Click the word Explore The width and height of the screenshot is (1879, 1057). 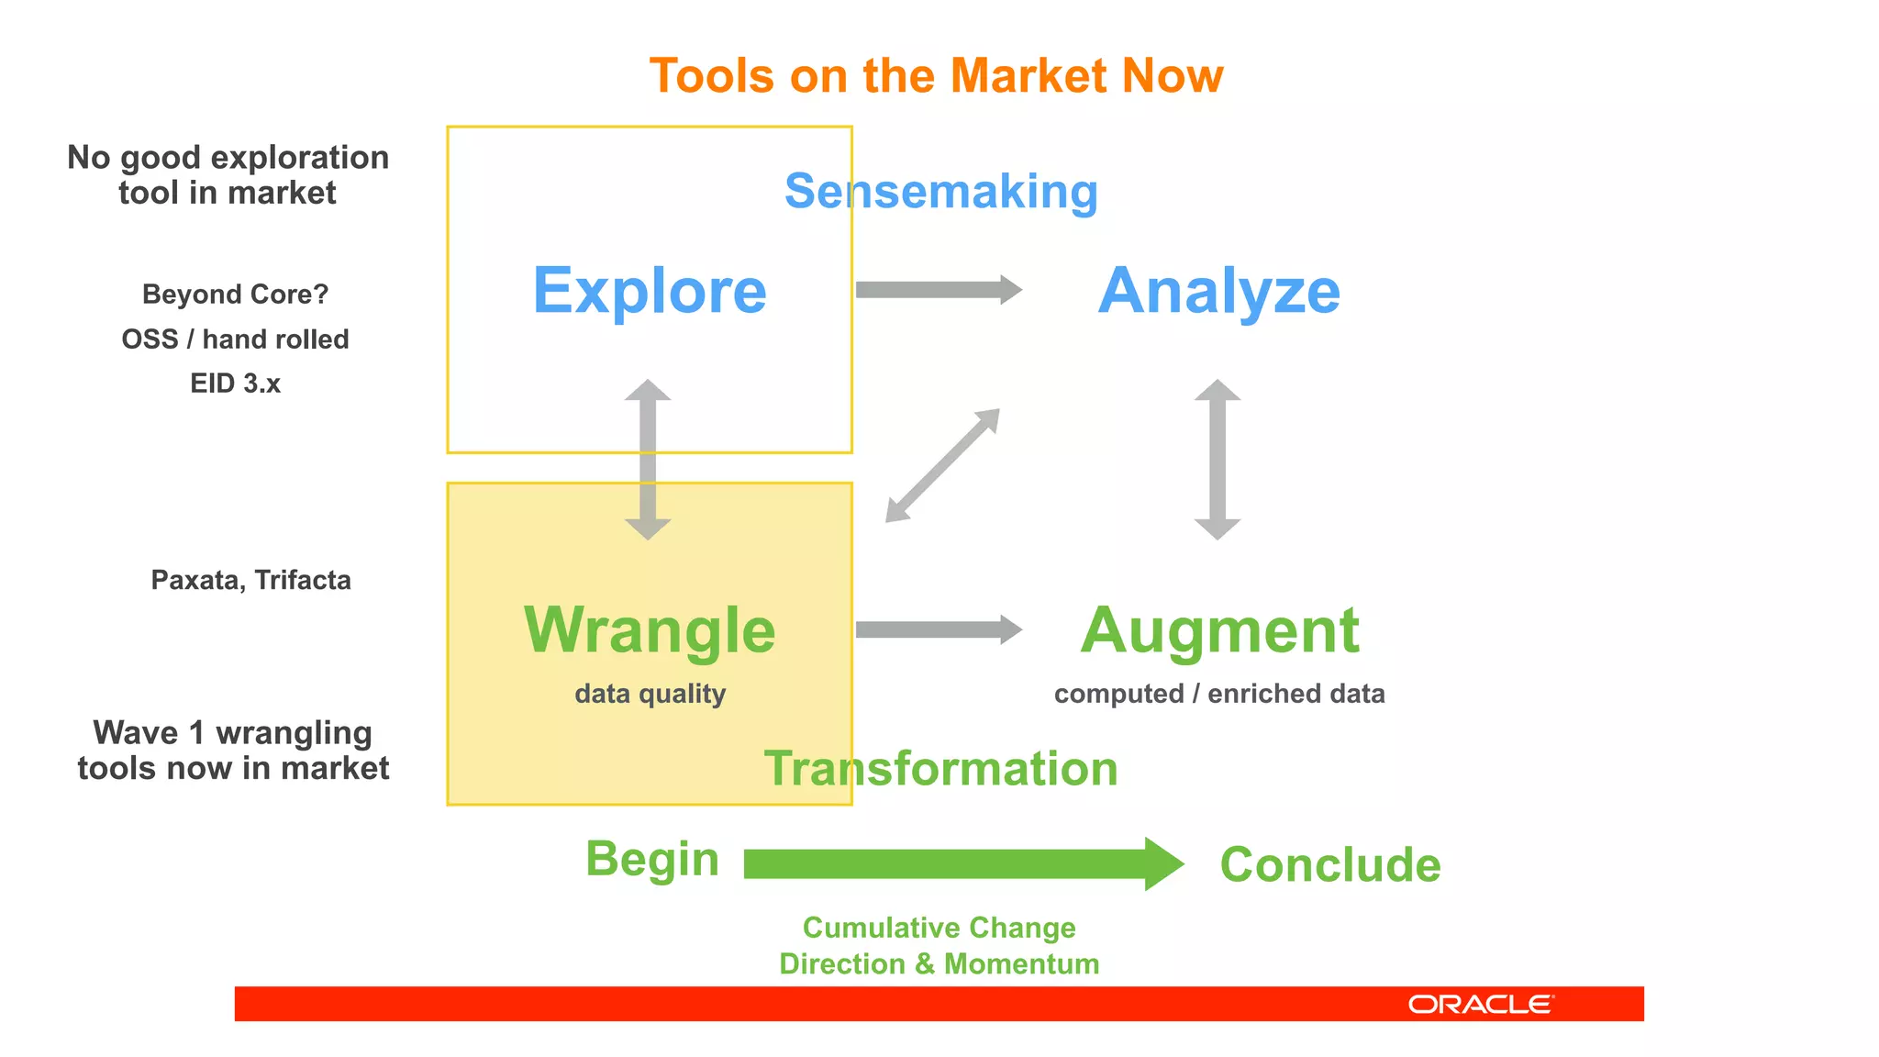coord(650,291)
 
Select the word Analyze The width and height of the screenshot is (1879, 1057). coord(1218,291)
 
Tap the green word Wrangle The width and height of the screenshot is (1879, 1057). coord(650,630)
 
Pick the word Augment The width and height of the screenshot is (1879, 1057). coord(1218,630)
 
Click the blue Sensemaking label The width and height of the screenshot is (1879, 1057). coord(940,192)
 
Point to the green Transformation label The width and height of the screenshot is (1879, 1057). coord(940,768)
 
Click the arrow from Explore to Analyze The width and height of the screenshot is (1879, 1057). coord(938,290)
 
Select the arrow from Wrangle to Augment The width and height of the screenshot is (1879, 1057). coord(938,629)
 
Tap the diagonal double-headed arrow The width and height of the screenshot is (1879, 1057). coord(942,465)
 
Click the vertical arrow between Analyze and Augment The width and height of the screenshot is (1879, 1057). coord(1217,459)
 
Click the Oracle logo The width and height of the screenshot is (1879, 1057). coord(1480,1004)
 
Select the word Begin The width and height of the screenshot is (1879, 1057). coord(652,860)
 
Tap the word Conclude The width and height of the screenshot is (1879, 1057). coord(1329,864)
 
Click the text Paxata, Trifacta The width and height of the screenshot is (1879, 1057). coord(250,580)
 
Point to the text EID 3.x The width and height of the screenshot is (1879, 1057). coord(235,384)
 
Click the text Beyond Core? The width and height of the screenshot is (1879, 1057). coord(235,295)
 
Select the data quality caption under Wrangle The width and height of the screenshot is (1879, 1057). coord(650,694)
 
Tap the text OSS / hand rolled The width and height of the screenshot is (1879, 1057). coord(235,339)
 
